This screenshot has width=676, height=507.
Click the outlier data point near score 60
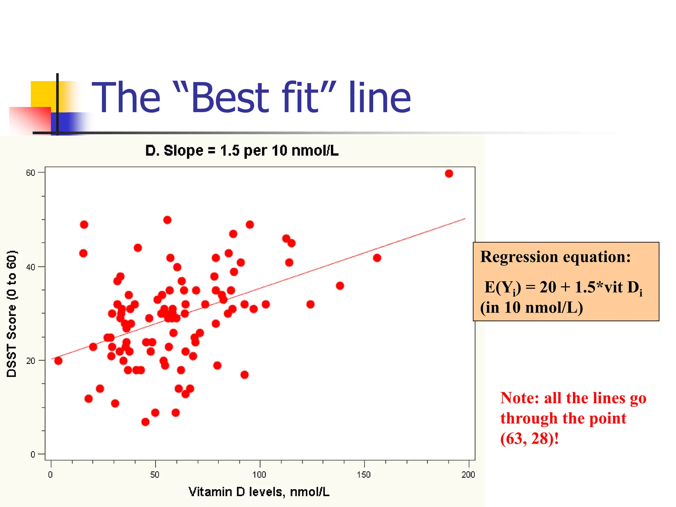449,174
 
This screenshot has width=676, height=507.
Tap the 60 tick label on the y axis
30,173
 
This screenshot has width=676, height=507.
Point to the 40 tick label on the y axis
30,267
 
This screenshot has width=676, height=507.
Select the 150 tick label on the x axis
364,475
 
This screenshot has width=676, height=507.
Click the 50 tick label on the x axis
154,475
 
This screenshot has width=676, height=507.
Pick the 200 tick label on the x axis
468,475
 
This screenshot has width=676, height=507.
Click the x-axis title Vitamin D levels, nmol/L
259,492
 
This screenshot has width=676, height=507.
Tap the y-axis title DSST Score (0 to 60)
12,314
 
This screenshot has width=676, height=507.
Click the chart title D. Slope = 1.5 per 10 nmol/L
242,151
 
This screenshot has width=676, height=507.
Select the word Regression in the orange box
519,257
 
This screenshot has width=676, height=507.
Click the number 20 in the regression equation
548,287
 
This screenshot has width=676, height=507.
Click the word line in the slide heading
380,98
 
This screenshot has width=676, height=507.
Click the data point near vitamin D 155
377,258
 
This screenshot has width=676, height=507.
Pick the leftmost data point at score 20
58,361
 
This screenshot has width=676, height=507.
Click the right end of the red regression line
464,219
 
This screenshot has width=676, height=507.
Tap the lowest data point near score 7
145,422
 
